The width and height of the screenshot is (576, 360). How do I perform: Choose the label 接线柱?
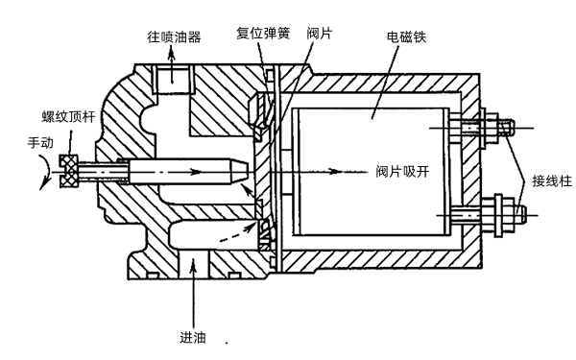[x=546, y=178]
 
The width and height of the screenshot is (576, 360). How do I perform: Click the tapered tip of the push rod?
[x=240, y=174]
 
